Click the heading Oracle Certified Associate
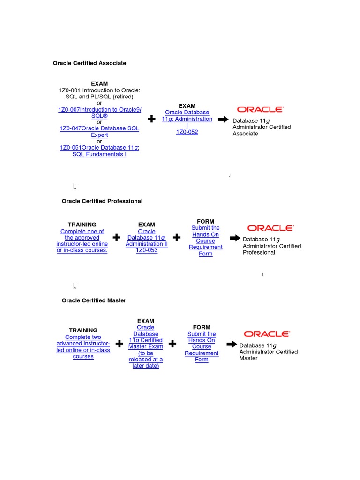tap(90, 63)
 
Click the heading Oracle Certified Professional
tap(102, 201)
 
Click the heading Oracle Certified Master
tap(94, 300)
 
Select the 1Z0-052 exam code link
tap(187, 132)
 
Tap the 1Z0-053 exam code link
tap(147, 250)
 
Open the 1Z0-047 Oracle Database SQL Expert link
tap(99, 132)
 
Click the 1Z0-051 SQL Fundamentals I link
tap(99, 151)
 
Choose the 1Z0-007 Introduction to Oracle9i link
tap(99, 112)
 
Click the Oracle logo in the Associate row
tap(260, 110)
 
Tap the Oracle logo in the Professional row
tap(270, 228)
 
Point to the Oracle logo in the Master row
tap(267, 334)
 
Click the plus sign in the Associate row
tap(151, 120)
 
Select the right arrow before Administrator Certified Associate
tap(224, 120)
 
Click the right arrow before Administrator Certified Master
tap(232, 345)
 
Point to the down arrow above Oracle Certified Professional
tap(75, 187)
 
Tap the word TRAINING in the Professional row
tap(82, 225)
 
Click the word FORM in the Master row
tap(202, 327)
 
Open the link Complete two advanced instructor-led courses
tap(83, 347)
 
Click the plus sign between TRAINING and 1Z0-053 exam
tap(117, 238)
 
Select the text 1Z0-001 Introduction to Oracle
tap(99, 90)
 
